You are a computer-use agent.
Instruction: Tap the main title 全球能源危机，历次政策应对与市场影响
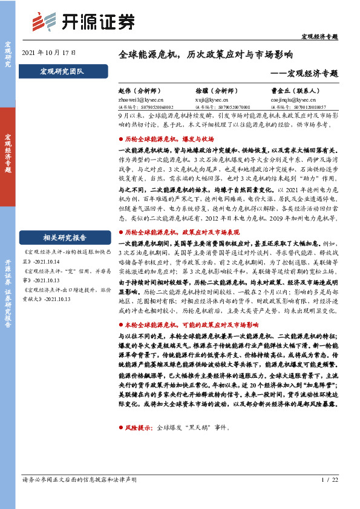(206, 54)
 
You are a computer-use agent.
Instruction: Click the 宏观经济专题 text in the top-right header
(319, 36)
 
